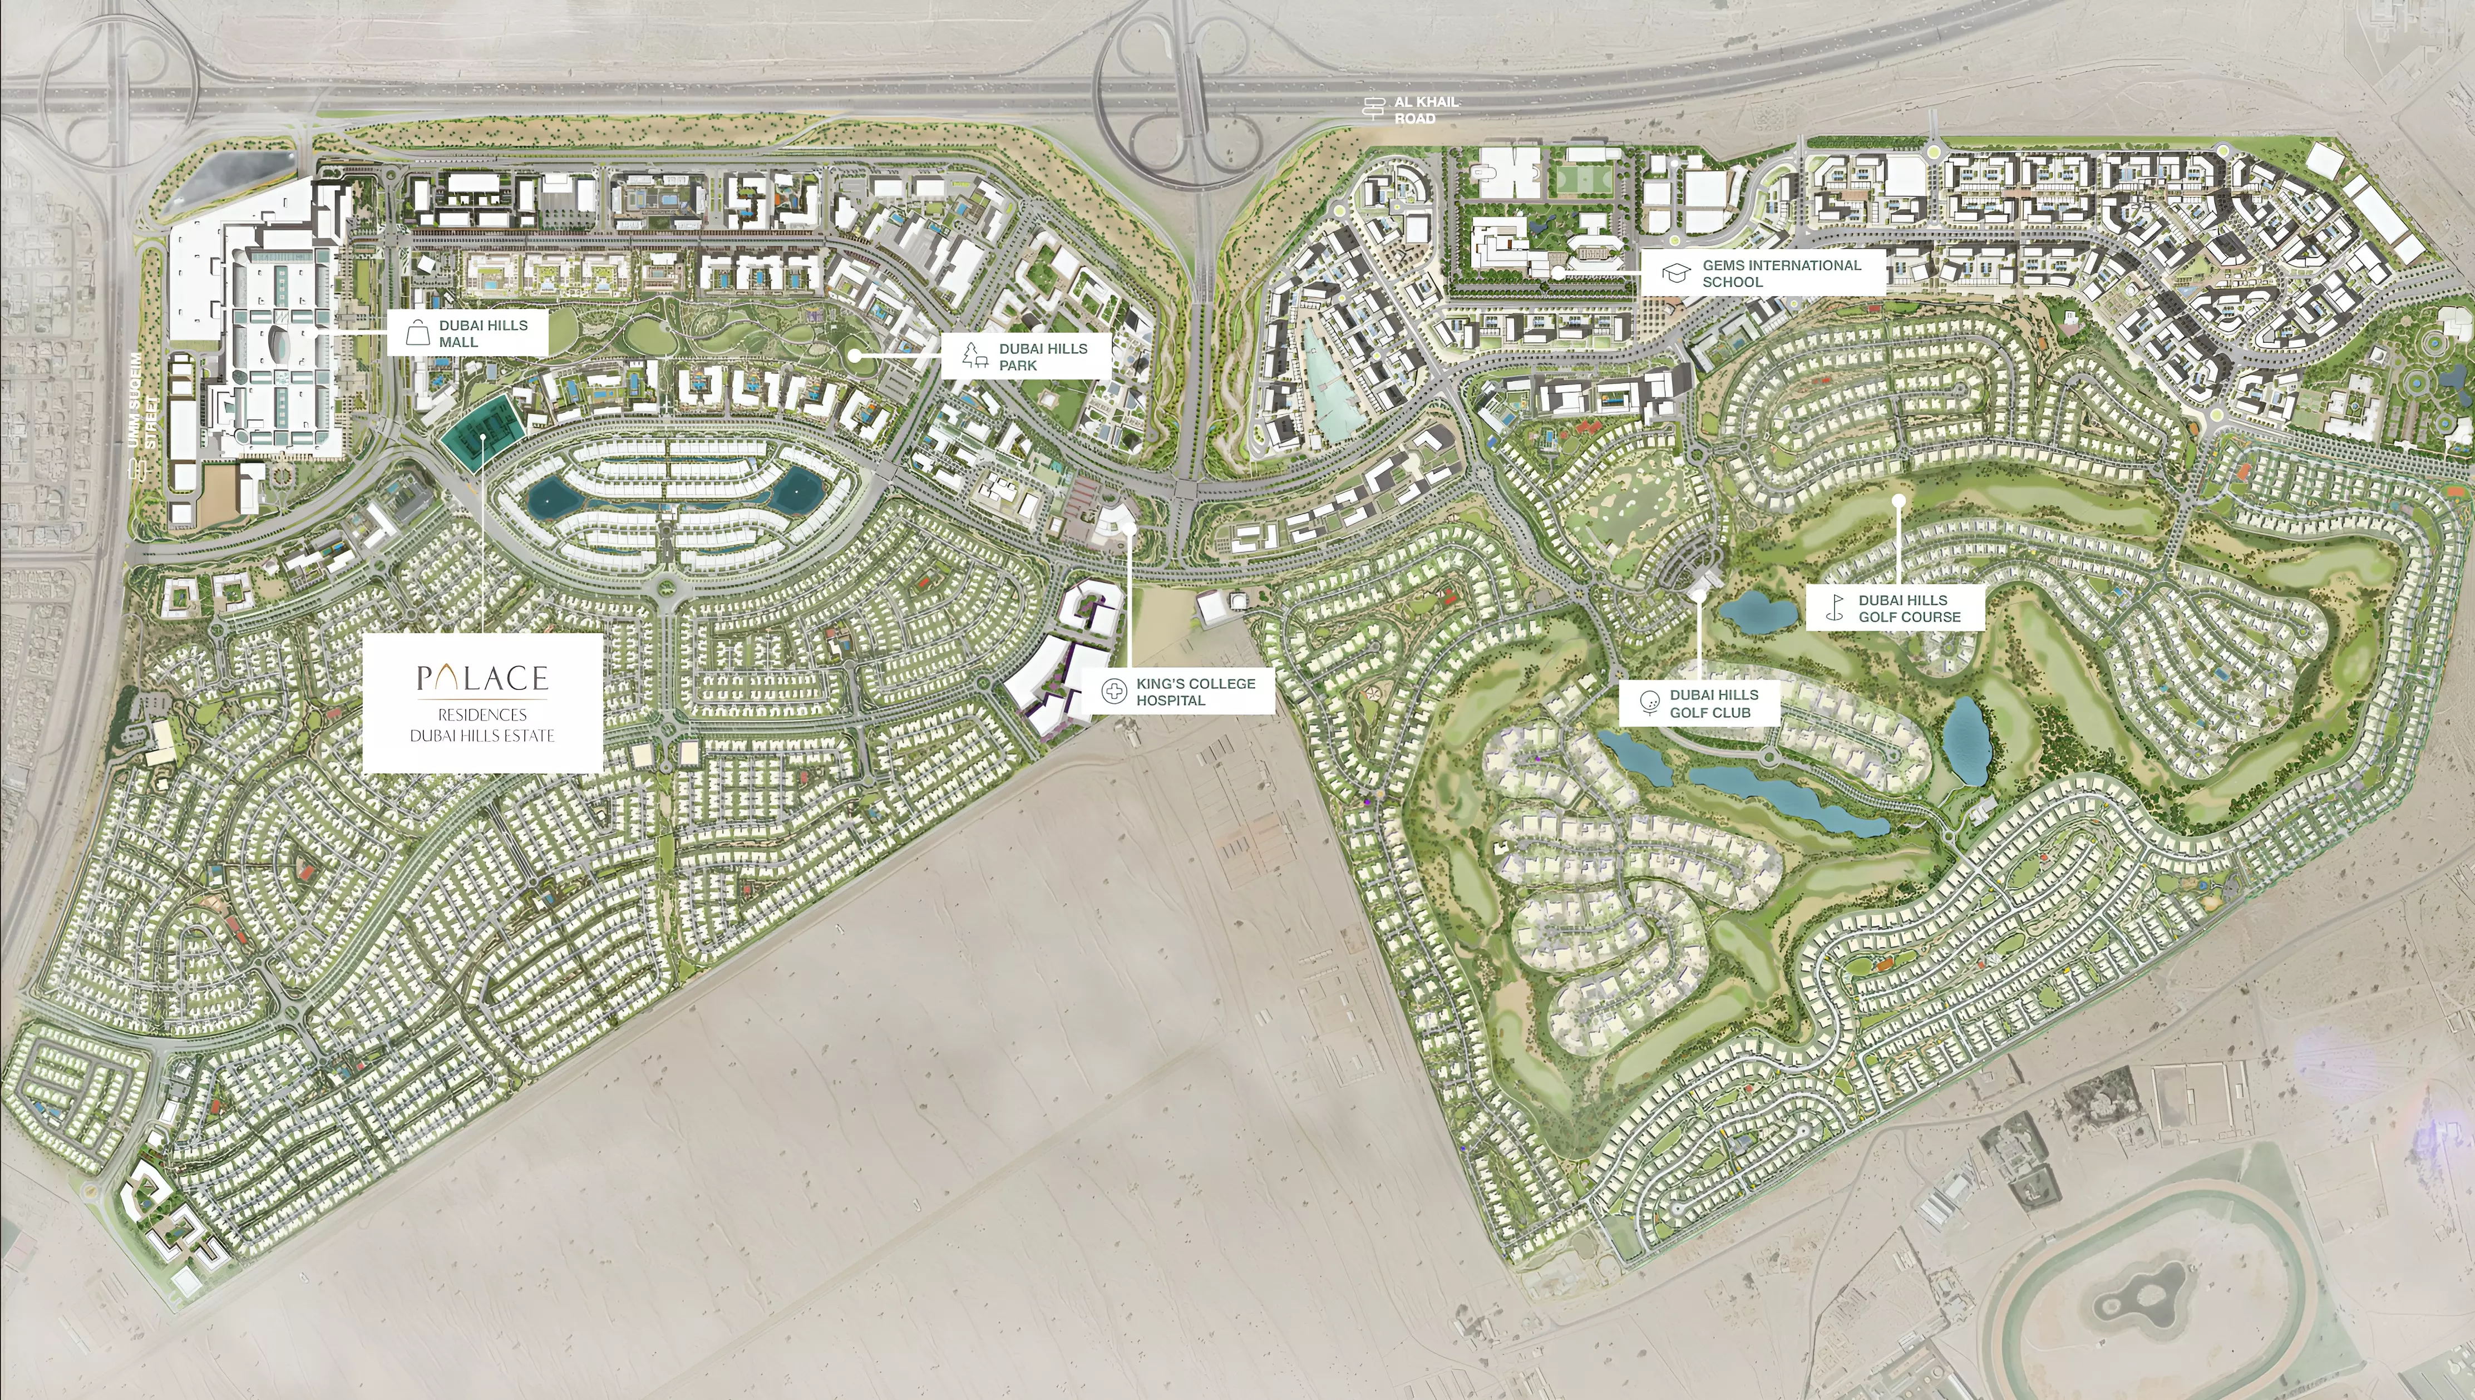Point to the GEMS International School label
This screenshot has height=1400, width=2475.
(1781, 273)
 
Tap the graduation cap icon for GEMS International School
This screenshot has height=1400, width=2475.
(1677, 273)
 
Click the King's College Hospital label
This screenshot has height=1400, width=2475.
(1195, 691)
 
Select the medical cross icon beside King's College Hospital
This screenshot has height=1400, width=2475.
(1113, 691)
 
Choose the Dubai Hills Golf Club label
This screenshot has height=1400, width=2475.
(1713, 703)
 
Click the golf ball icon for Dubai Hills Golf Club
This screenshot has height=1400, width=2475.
(1648, 703)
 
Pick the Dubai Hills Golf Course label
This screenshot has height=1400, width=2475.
(1909, 608)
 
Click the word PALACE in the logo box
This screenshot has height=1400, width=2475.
(482, 679)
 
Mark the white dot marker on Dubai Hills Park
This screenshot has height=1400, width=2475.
(854, 356)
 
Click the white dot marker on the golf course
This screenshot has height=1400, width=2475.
(1899, 500)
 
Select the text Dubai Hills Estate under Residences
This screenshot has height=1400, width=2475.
(482, 736)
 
